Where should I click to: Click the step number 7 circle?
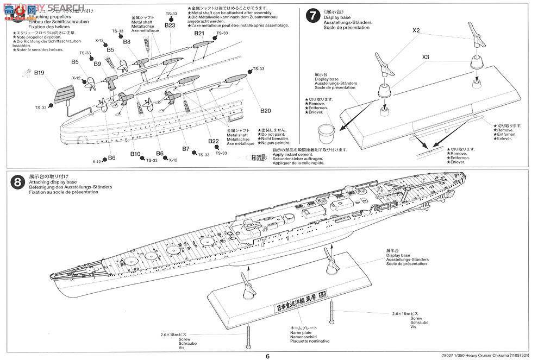coord(312,15)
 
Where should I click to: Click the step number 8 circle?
coord(17,182)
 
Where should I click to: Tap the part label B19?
coord(39,72)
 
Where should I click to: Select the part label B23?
coord(170,25)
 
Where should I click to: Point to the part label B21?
coord(199,34)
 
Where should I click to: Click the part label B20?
coord(265,111)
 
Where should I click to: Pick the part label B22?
coord(214,141)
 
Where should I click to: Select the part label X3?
coord(426,56)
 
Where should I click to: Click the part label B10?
coord(135,154)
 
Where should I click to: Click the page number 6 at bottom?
coord(267,356)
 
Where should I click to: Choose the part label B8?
coord(127,41)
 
